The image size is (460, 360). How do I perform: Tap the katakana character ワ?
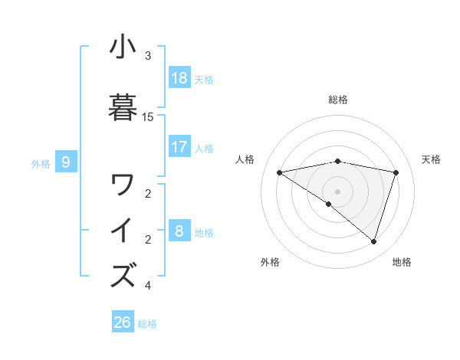[x=123, y=185]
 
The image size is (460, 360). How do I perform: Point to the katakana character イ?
[x=123, y=231]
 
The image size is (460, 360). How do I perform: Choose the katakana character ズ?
[x=123, y=275]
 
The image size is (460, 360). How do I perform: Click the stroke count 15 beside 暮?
[x=148, y=117]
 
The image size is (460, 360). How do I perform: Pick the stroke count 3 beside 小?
[x=148, y=56]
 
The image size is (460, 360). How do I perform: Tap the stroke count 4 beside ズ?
[x=148, y=286]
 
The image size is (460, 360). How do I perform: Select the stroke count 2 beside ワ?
[x=148, y=194]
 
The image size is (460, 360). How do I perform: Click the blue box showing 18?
[x=179, y=78]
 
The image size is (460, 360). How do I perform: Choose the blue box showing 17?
[x=179, y=147]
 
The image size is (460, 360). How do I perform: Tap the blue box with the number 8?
[x=179, y=231]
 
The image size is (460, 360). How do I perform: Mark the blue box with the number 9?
[x=66, y=162]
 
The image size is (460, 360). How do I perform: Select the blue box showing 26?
[x=122, y=322]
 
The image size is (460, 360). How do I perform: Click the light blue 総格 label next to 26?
[x=147, y=324]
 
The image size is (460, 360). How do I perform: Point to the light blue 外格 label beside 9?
[x=41, y=163]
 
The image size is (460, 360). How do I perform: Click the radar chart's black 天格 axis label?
[x=431, y=159]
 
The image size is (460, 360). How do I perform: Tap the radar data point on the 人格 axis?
[x=279, y=172]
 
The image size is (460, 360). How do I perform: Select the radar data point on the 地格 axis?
[x=373, y=241]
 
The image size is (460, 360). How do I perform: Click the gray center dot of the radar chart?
[x=337, y=191]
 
